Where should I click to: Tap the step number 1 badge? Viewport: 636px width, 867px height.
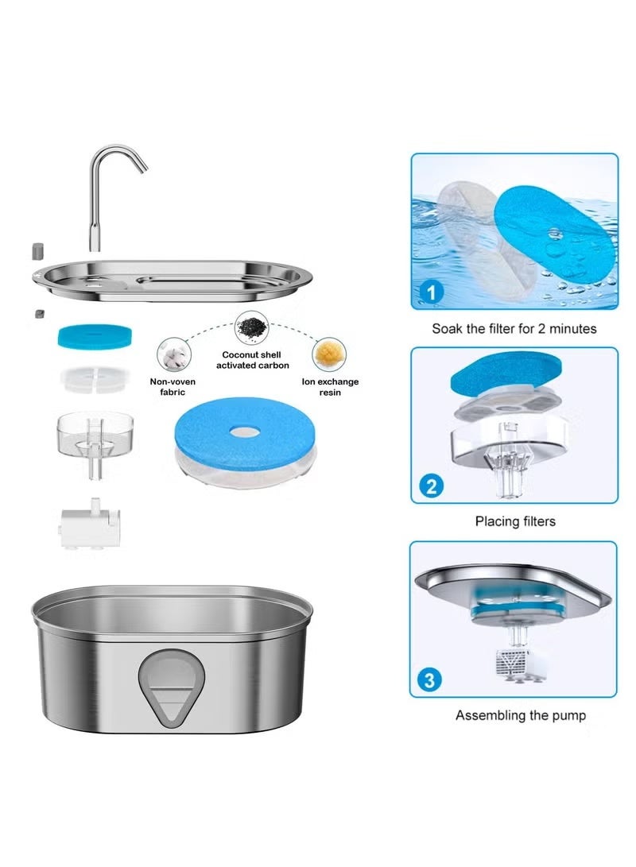pyautogui.click(x=431, y=292)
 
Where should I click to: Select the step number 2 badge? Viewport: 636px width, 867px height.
pyautogui.click(x=431, y=485)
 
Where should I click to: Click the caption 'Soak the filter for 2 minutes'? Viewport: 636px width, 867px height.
pyautogui.click(x=514, y=328)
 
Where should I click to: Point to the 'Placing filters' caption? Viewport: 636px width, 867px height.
pyautogui.click(x=515, y=521)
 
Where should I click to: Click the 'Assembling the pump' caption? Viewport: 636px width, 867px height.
pyautogui.click(x=520, y=715)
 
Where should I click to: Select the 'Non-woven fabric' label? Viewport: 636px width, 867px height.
pyautogui.click(x=173, y=387)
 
